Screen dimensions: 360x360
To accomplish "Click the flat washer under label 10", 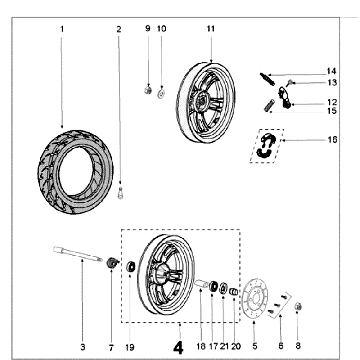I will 162,92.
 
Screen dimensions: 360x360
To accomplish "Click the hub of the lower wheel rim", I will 159,273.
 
